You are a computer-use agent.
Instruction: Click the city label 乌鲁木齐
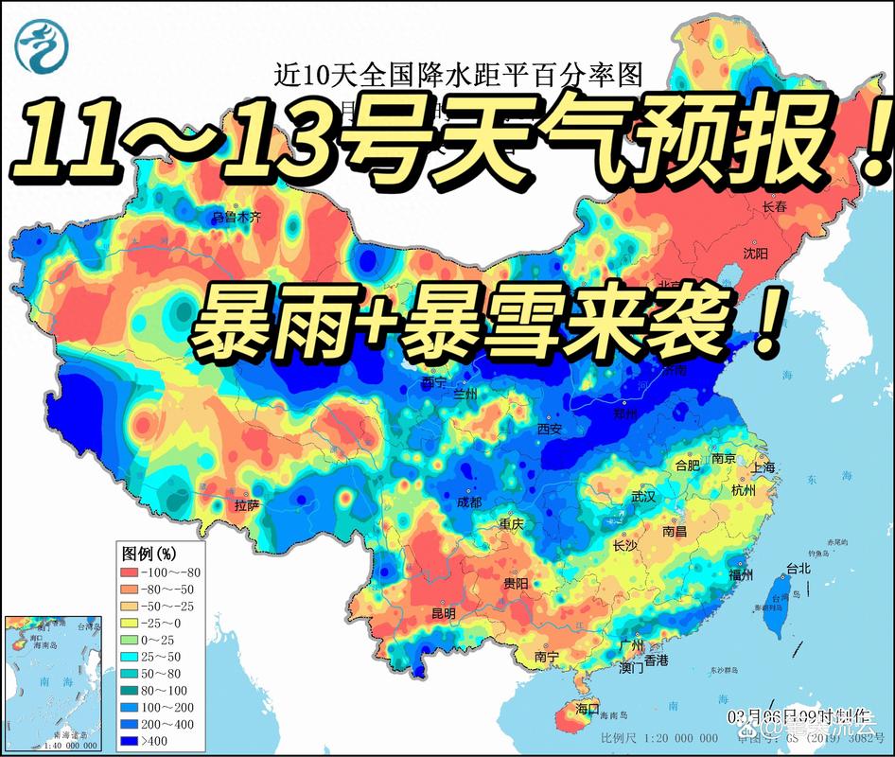[x=236, y=218]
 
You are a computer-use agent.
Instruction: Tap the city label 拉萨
[x=247, y=505]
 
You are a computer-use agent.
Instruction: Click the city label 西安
[x=550, y=429]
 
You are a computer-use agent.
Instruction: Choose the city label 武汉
[x=643, y=497]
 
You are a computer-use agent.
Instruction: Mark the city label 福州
[x=741, y=573]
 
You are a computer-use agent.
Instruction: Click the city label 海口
[x=588, y=708]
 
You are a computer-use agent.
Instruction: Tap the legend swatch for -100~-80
[x=130, y=572]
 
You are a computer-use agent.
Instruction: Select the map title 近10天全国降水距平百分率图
[x=444, y=72]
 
